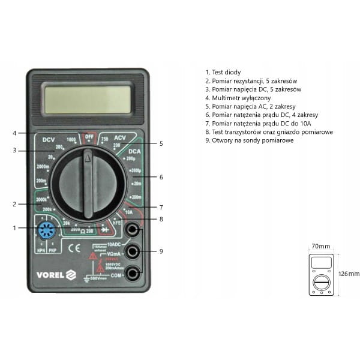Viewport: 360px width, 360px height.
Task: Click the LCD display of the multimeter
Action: pos(88,100)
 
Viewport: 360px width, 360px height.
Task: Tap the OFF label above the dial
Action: pos(89,136)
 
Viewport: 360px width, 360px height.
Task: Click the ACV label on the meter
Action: pos(120,137)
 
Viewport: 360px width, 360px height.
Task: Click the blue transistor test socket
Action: pos(46,230)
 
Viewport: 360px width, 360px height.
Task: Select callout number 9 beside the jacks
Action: pos(161,251)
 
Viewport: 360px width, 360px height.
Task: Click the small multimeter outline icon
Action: pos(322,274)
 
